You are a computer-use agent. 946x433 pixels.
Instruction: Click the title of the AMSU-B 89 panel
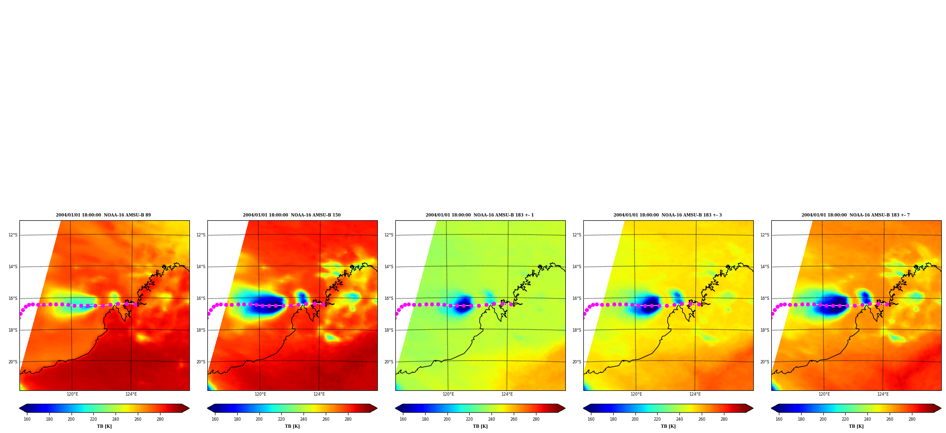click(x=103, y=215)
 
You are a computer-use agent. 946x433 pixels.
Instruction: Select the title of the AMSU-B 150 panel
click(x=292, y=215)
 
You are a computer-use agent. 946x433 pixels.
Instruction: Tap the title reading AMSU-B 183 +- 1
click(x=480, y=215)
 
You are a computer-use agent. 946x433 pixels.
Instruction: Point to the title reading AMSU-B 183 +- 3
click(x=668, y=215)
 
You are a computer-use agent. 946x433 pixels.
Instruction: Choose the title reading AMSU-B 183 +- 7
click(x=856, y=215)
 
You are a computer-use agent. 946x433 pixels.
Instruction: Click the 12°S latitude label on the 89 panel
click(x=13, y=235)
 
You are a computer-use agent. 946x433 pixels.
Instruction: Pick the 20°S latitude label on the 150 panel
click(x=201, y=362)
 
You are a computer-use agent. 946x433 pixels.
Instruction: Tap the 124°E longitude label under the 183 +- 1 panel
click(x=507, y=394)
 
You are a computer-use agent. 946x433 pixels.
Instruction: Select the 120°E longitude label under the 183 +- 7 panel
click(x=824, y=394)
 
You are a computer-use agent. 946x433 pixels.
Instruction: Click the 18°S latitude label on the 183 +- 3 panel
click(x=577, y=330)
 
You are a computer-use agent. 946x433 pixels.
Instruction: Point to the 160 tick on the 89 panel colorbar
click(x=27, y=419)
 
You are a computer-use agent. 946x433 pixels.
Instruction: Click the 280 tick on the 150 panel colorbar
click(x=348, y=419)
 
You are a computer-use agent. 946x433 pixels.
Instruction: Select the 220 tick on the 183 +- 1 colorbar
click(x=469, y=419)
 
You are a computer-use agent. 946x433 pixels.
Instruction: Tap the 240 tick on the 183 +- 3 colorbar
click(x=679, y=419)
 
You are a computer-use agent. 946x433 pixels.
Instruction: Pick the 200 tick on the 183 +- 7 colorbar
click(x=823, y=419)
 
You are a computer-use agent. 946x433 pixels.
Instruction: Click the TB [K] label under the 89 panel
click(x=104, y=426)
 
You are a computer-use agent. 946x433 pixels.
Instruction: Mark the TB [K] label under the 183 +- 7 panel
click(x=856, y=426)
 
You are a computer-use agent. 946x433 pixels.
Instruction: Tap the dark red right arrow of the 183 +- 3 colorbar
click(x=749, y=408)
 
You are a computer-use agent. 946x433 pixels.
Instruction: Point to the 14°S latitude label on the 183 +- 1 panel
click(x=389, y=267)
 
